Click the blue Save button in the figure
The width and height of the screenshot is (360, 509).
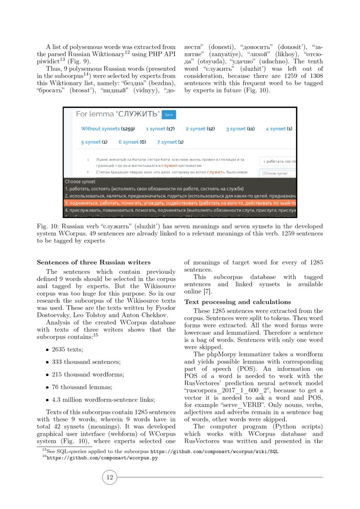coord(168,115)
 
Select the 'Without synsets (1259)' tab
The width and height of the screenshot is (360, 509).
coord(108,129)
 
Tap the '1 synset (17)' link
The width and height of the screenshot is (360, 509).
coord(160,129)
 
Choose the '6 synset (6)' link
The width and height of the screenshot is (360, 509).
coord(132,142)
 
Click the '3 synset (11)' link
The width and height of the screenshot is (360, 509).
coord(240,129)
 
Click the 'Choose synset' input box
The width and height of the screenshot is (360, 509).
coord(279,173)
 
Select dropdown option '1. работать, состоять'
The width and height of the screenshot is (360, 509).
coord(154,189)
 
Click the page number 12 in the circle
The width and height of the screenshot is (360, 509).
coord(110,478)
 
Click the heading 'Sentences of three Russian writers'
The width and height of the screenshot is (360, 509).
coord(94,262)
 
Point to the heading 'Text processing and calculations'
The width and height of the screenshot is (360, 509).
coord(237,302)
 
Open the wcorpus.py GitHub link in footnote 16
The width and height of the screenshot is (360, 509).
coord(102,458)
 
